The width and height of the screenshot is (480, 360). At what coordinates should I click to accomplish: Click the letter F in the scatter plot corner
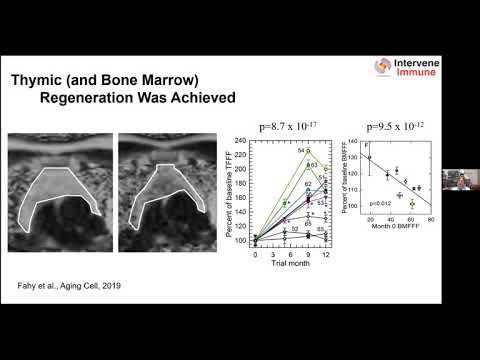[x=368, y=146]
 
